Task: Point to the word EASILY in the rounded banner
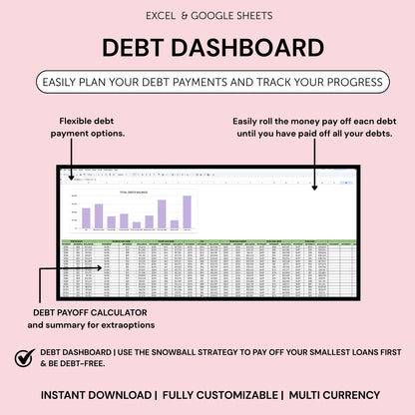[x=68, y=82]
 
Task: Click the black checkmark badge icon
[x=24, y=357]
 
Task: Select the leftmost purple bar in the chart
[x=87, y=217]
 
